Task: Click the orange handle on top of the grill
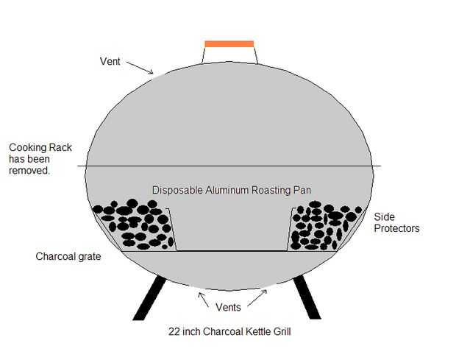(x=229, y=44)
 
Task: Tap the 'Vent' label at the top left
(x=110, y=61)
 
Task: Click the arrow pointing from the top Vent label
(x=140, y=67)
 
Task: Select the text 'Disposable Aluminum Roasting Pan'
(x=231, y=190)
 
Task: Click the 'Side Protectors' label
(x=396, y=222)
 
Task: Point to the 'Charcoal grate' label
(x=68, y=257)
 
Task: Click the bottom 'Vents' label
(x=229, y=306)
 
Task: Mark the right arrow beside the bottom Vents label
(x=257, y=299)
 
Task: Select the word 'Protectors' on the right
(x=396, y=228)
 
